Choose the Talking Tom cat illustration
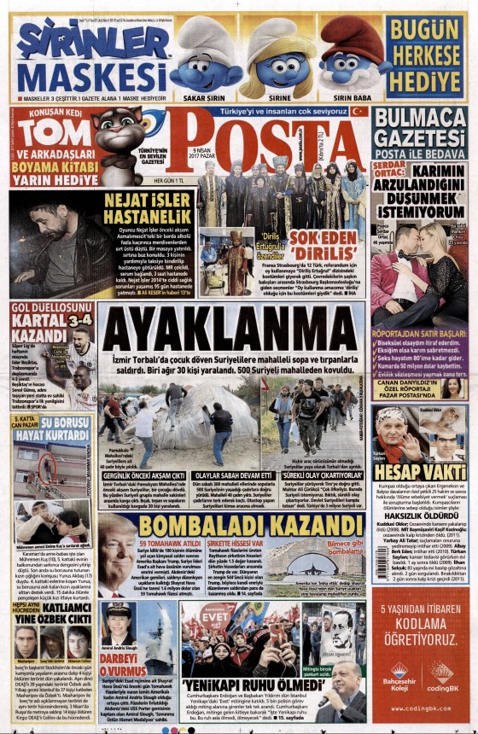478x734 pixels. coord(125,137)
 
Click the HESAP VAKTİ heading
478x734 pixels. coord(418,472)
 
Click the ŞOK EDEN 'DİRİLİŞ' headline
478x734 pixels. coord(322,238)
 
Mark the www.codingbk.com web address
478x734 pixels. coord(418,708)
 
